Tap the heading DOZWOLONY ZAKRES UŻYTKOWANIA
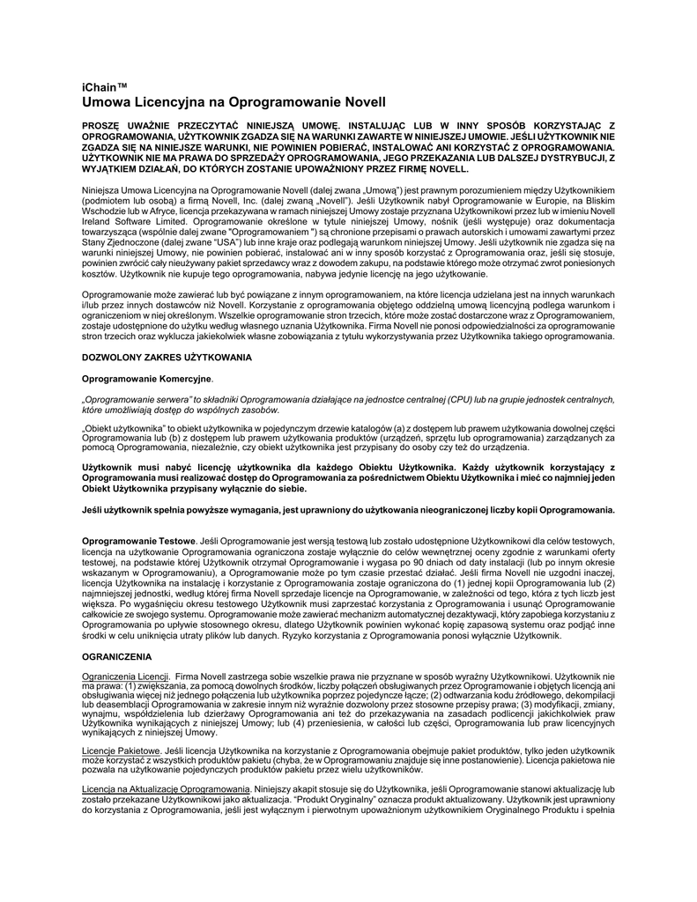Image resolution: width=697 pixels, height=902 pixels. [x=167, y=357]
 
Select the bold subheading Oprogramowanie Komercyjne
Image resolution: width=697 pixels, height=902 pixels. [x=146, y=378]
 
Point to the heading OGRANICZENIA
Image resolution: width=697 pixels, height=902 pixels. [x=116, y=656]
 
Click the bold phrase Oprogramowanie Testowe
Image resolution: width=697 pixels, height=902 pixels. [x=138, y=539]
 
